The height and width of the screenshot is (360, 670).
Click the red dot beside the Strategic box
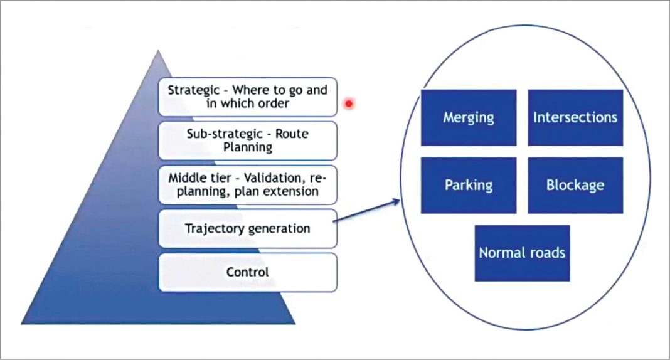click(x=349, y=103)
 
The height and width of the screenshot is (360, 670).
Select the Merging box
click(x=468, y=117)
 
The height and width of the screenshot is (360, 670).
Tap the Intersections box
click(x=575, y=117)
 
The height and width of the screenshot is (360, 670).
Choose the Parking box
click(x=468, y=185)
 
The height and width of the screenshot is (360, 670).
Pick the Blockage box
click(x=575, y=185)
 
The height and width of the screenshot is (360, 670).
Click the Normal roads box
click(x=522, y=253)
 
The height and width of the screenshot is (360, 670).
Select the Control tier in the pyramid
click(x=248, y=272)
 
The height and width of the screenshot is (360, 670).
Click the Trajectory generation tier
click(x=248, y=228)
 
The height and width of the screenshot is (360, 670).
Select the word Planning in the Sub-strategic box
click(x=248, y=147)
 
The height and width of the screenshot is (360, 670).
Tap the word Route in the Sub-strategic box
click(x=291, y=134)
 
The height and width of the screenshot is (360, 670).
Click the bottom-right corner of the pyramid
click(x=294, y=323)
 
